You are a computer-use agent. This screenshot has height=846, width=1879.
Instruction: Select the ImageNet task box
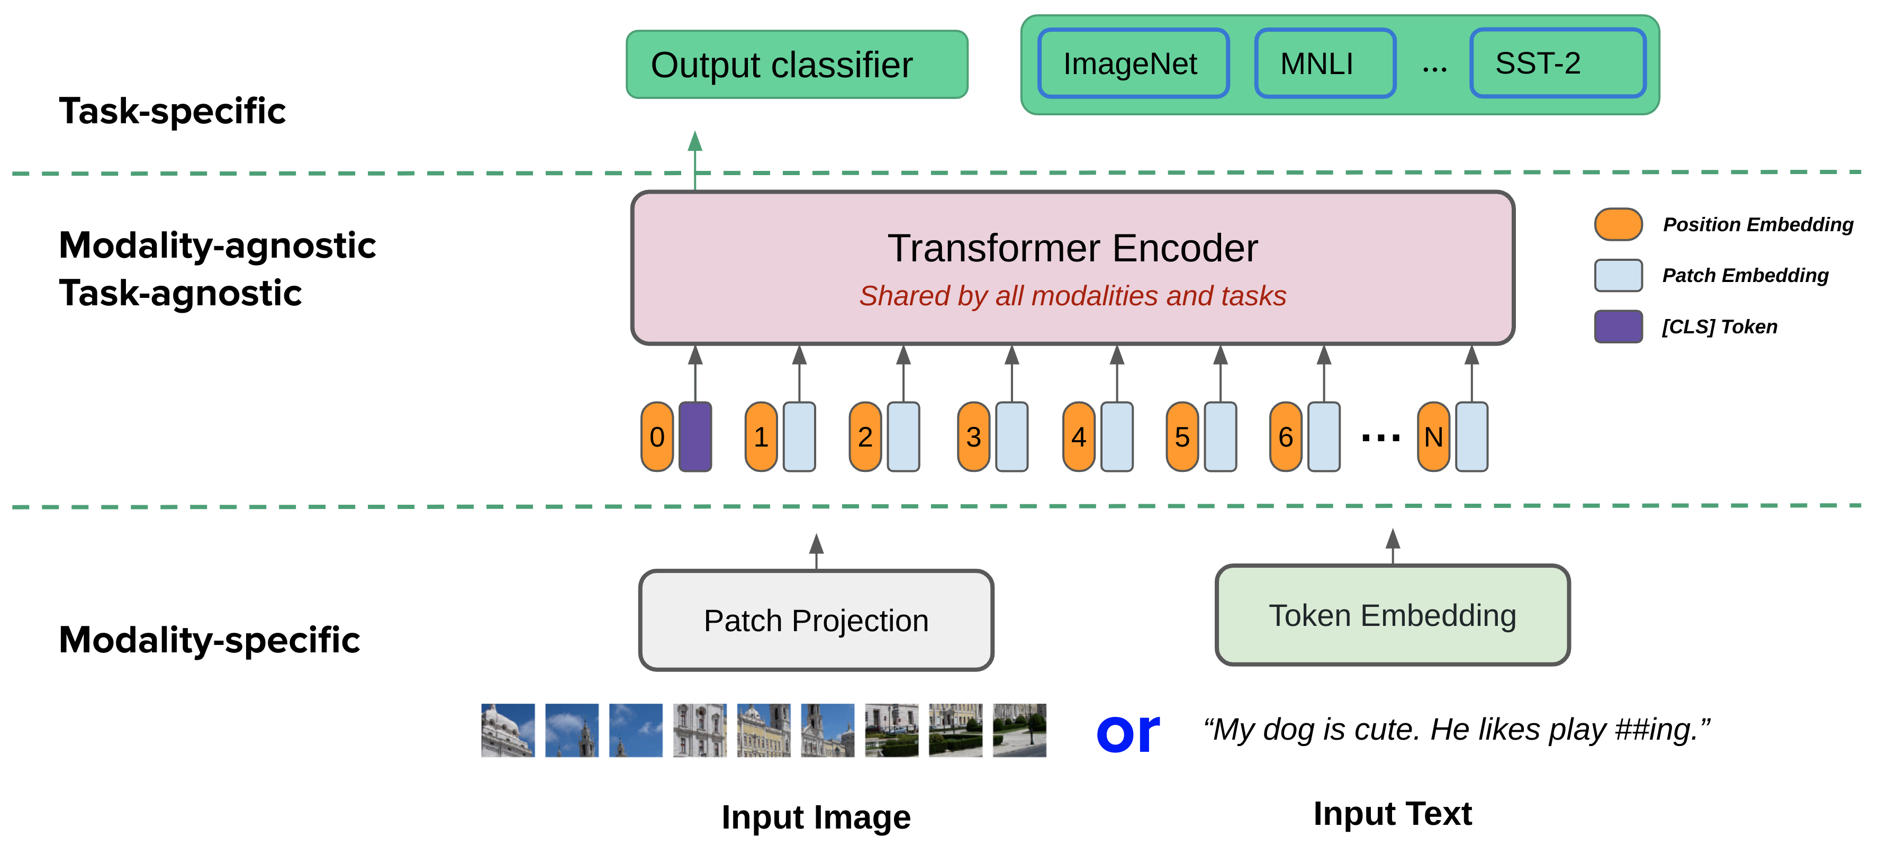pos(1133,63)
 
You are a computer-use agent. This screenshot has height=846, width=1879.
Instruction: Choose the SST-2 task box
pos(1557,63)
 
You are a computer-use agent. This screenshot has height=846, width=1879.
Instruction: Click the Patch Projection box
pos(816,621)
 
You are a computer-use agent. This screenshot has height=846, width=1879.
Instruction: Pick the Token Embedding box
pos(1392,615)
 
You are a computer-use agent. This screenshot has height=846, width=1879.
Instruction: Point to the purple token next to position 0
pos(695,436)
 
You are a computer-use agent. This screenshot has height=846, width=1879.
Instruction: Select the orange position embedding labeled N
pos(1433,436)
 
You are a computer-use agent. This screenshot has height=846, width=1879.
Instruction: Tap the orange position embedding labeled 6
pos(1285,436)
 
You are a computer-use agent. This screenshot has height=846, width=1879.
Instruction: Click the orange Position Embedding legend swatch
pos(1618,224)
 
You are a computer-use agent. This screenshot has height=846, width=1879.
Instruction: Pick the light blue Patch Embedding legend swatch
pos(1618,275)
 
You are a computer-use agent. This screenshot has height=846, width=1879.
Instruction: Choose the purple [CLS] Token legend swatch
pos(1618,326)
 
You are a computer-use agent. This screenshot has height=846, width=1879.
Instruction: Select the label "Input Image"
pos(816,817)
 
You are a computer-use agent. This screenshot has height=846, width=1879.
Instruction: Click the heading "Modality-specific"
pos(210,640)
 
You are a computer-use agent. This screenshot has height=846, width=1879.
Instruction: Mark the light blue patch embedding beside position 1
pos(799,436)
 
